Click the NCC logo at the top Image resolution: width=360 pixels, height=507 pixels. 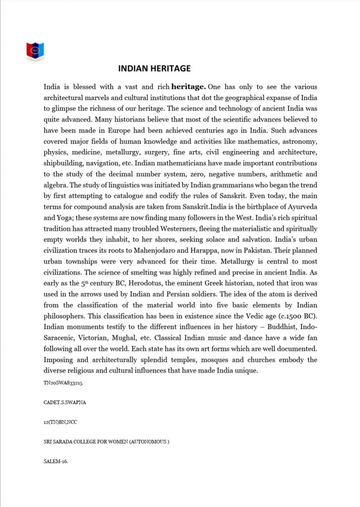tap(36, 51)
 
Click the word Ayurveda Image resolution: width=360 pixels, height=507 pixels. tap(300, 206)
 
